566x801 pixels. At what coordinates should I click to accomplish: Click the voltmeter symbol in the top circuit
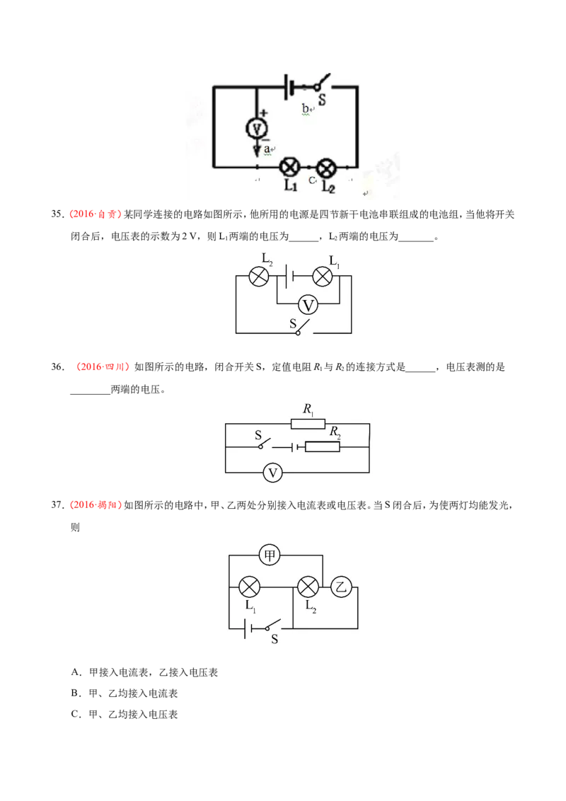click(257, 128)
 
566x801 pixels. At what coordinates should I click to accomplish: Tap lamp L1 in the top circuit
click(289, 167)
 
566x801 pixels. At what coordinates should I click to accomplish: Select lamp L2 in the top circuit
click(326, 167)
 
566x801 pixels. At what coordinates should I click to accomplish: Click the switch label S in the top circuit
click(323, 100)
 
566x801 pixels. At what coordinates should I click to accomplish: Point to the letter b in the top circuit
click(306, 109)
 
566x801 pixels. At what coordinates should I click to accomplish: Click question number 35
click(57, 214)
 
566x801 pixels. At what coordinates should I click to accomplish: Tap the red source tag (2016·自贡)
click(96, 214)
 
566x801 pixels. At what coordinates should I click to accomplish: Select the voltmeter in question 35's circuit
click(308, 305)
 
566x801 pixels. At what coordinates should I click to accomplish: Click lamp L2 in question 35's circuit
click(259, 277)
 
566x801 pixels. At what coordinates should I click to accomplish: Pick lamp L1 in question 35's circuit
click(323, 277)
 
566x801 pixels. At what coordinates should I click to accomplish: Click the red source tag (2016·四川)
click(102, 367)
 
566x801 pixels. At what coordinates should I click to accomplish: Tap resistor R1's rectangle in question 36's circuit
click(308, 423)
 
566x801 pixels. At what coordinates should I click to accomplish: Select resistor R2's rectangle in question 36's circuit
click(323, 447)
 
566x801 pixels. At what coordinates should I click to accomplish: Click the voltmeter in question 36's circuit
click(273, 473)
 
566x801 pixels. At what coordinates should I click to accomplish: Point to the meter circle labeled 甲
click(270, 555)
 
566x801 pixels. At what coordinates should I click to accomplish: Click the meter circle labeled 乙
click(341, 587)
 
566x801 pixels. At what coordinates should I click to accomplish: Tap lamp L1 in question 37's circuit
click(249, 587)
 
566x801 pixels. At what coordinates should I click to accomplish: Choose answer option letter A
click(75, 672)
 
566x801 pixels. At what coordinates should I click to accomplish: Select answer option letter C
click(75, 714)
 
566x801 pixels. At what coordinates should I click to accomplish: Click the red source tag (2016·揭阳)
click(96, 505)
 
